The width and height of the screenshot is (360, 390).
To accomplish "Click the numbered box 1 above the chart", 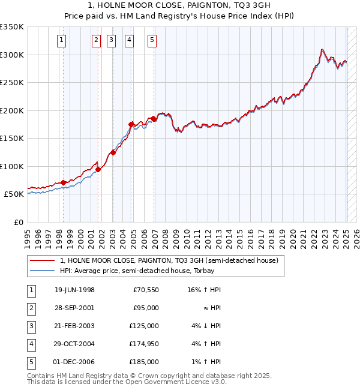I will (x=62, y=40).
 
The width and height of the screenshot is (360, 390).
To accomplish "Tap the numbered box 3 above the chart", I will (x=112, y=40).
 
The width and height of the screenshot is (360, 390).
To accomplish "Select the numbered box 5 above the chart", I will (x=152, y=40).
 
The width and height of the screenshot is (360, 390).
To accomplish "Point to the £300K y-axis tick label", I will (x=12, y=55).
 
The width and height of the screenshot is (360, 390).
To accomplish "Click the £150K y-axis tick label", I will (x=12, y=138).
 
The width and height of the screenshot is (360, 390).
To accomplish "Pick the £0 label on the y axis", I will (x=19, y=222).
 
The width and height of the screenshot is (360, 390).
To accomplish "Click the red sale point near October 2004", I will (x=131, y=124).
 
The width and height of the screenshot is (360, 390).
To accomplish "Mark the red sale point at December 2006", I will (x=154, y=119).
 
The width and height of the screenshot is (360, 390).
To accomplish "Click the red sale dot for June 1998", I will (x=64, y=182).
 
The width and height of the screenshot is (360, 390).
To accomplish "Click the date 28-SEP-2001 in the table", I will (x=74, y=308).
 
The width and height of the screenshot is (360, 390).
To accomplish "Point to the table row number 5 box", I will (x=31, y=362).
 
